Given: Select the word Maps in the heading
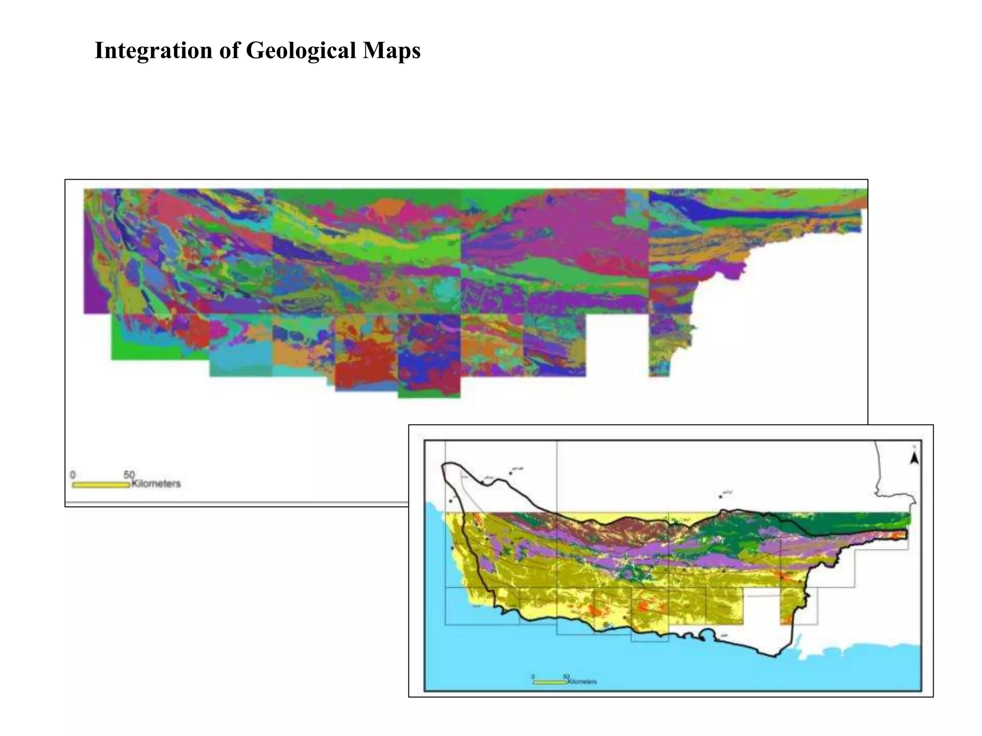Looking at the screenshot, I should tap(391, 50).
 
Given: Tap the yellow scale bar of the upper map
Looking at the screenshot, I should tap(101, 485).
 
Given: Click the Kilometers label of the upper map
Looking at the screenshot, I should tap(156, 483).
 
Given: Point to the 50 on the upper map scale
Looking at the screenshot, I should tap(129, 474).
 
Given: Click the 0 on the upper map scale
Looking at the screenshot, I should tap(73, 474).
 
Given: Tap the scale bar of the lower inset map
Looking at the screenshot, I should tap(549, 681).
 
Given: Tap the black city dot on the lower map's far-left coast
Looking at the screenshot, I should tap(451, 501).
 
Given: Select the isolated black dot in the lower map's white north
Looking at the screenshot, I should tap(721, 496).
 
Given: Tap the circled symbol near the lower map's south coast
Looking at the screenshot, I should tap(606, 625).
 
